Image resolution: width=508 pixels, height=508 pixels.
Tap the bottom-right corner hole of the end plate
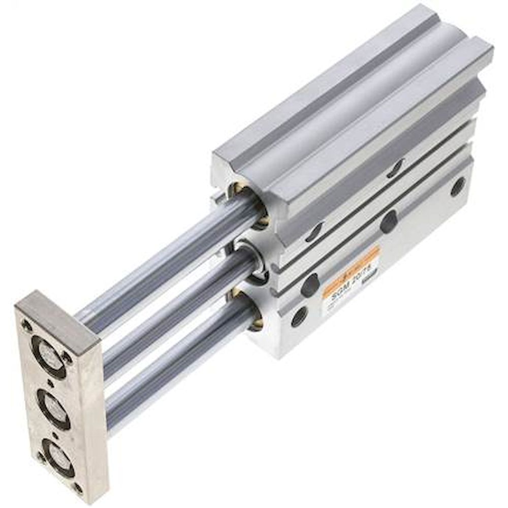click(77, 488)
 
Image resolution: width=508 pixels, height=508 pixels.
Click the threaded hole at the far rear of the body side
click(458, 186)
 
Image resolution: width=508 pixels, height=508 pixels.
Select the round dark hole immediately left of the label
click(310, 284)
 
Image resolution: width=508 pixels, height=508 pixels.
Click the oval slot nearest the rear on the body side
click(395, 168)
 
